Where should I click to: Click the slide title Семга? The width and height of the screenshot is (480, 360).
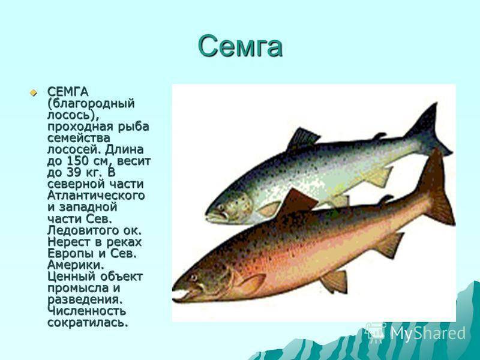[240, 46]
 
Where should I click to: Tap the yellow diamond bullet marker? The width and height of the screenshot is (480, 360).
[33, 92]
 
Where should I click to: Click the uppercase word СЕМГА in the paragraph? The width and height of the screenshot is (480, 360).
[68, 92]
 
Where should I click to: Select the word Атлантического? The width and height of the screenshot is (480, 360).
[96, 196]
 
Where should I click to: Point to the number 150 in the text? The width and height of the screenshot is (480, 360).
[77, 161]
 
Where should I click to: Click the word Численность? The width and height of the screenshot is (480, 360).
[86, 311]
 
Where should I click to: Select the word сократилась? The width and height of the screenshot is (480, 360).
[88, 322]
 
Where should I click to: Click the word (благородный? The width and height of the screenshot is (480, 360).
[91, 104]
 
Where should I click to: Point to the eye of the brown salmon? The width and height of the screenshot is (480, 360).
[193, 277]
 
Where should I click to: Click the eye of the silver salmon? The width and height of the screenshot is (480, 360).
[220, 207]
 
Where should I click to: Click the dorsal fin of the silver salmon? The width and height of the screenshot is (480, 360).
[303, 139]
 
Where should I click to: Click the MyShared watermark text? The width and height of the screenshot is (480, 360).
[428, 333]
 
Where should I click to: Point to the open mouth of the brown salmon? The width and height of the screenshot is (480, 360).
[181, 294]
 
